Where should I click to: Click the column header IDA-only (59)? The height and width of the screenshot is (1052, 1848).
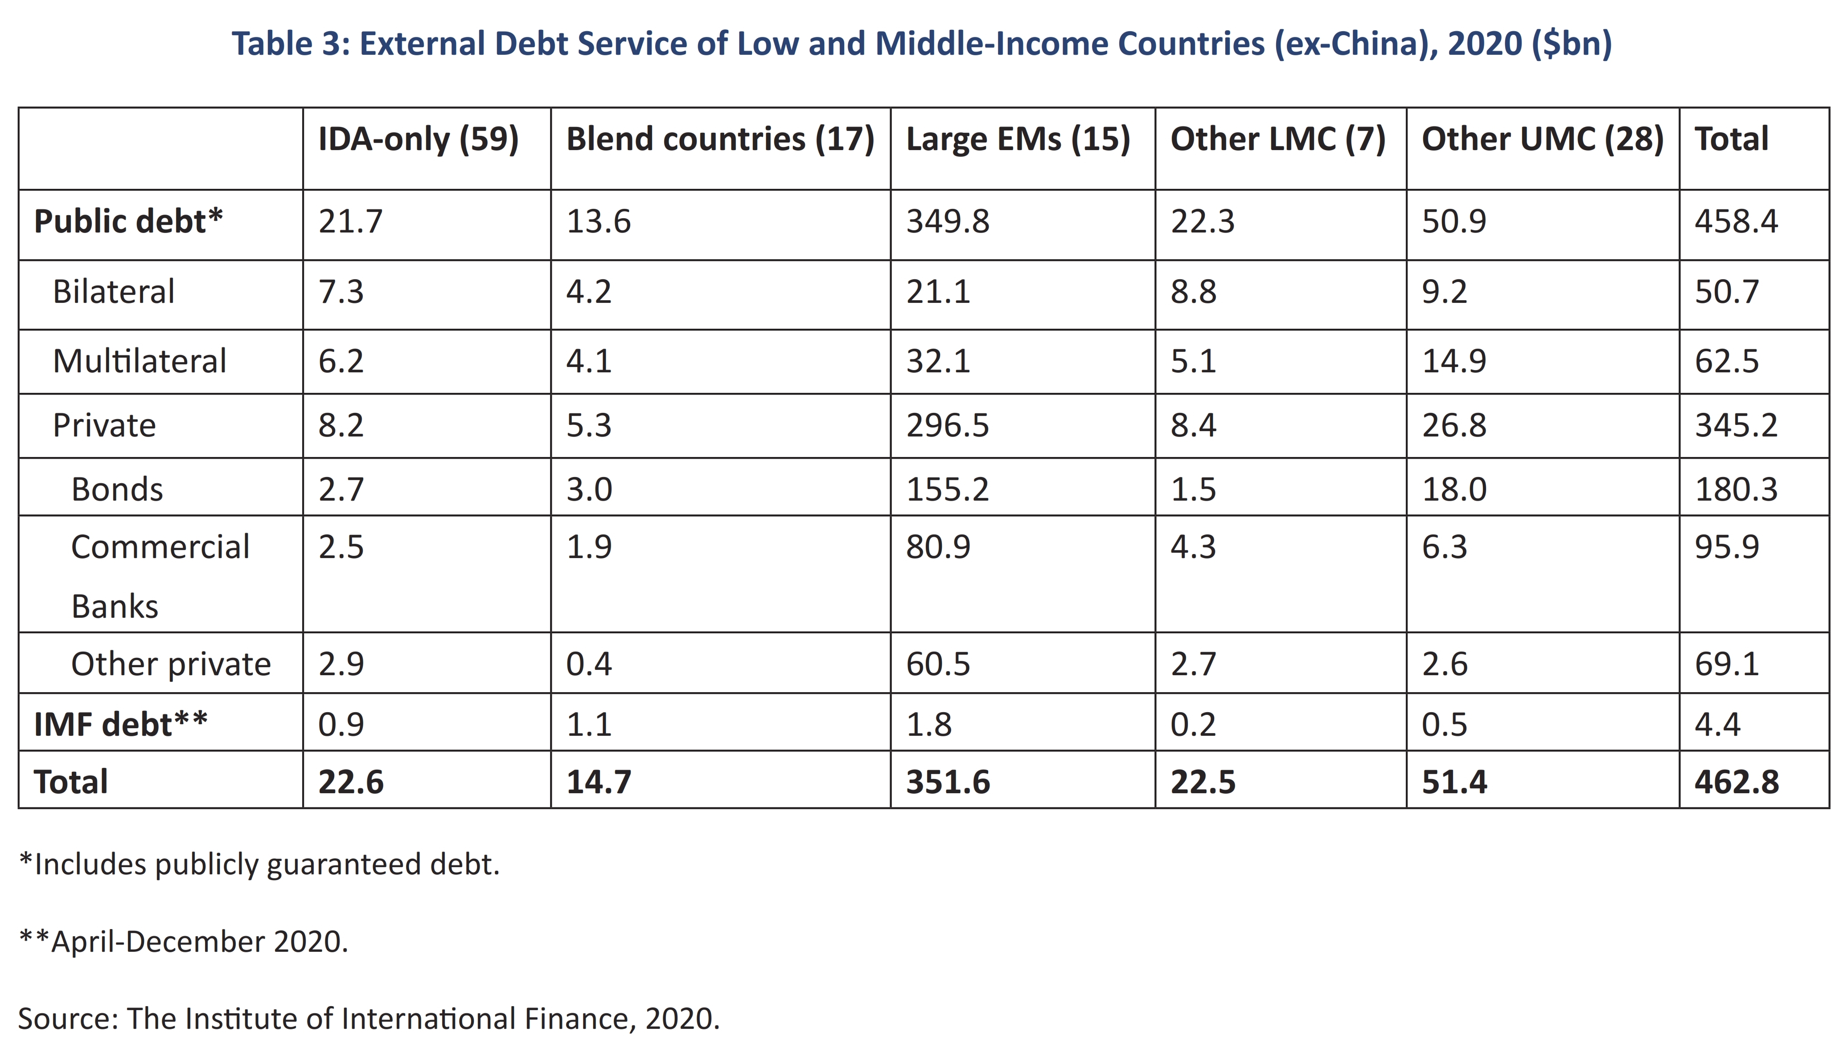tap(419, 139)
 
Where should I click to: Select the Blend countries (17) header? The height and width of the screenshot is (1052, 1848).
tap(720, 139)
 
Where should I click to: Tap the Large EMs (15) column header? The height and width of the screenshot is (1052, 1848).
tap(1018, 139)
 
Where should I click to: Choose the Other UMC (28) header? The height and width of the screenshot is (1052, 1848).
tap(1543, 139)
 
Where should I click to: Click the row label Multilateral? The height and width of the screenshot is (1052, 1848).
tap(140, 361)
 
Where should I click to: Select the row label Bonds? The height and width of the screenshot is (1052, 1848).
tap(117, 489)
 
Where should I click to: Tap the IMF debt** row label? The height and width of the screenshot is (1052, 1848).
tap(121, 724)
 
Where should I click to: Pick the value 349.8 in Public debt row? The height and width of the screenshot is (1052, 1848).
tap(948, 221)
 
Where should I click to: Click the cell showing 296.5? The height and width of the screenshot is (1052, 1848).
tap(948, 425)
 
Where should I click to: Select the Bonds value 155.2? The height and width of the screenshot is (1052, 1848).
tap(948, 489)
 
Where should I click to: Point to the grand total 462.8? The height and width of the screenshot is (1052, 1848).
tap(1737, 782)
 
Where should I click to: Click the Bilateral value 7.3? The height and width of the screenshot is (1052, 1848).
tap(341, 292)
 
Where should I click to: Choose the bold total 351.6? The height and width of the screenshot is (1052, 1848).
tap(948, 782)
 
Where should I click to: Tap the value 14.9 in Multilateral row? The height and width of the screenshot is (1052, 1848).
tap(1454, 361)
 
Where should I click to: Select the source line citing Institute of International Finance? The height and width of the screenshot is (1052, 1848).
tap(369, 1019)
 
